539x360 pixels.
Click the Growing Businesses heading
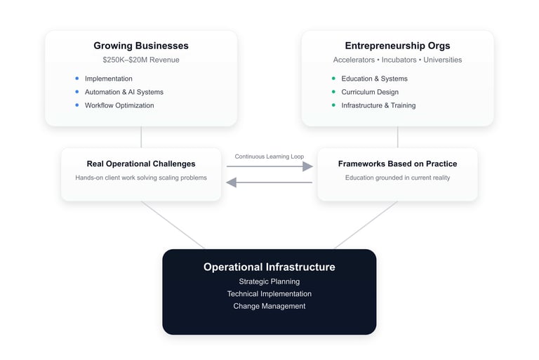click(141, 46)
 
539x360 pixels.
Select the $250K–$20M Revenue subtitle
click(141, 60)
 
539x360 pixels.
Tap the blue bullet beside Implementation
click(76, 79)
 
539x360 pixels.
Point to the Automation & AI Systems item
click(124, 92)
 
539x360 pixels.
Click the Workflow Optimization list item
click(119, 105)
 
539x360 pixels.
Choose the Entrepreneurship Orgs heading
click(397, 46)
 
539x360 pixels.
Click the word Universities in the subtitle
click(442, 60)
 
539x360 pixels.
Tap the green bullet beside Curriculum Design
click(333, 92)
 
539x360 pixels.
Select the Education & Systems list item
click(374, 79)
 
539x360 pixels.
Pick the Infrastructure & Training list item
click(378, 105)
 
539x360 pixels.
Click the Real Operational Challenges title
click(141, 164)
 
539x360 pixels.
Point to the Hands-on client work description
click(141, 178)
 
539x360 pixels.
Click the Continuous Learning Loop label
click(269, 156)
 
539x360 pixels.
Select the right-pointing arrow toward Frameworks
click(269, 166)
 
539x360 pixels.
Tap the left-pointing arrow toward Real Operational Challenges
click(269, 182)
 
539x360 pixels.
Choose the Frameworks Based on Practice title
click(397, 164)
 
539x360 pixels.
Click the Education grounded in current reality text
click(397, 178)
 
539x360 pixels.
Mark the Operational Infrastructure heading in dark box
click(269, 267)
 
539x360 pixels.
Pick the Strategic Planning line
click(269, 281)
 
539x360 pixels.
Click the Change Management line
click(269, 306)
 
